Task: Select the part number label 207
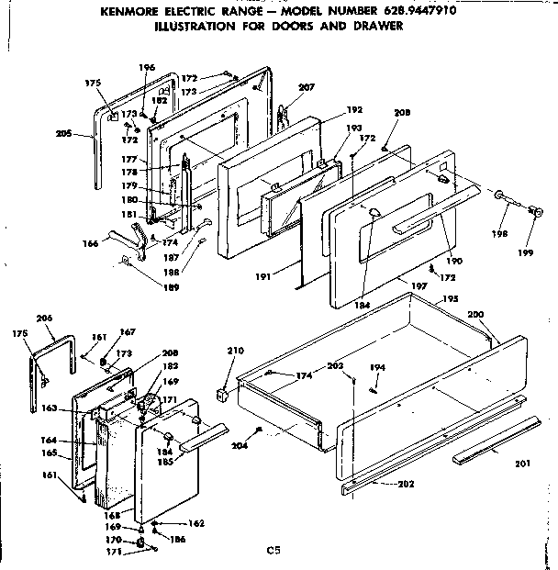click(x=307, y=87)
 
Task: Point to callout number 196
click(x=147, y=68)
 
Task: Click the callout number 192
click(x=353, y=109)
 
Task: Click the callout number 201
click(x=522, y=464)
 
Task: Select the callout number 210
click(x=236, y=351)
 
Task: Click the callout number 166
click(x=90, y=244)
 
